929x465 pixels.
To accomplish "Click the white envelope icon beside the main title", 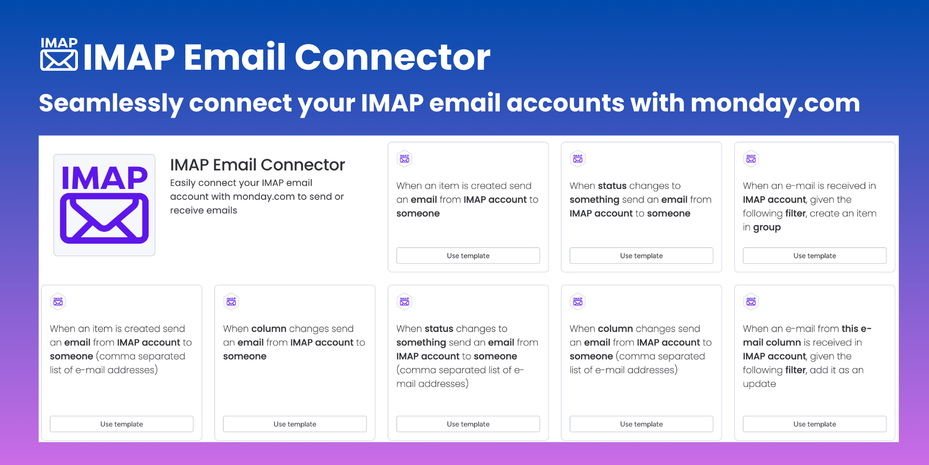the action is coord(59,55).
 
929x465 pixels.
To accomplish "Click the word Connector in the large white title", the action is coord(392,57).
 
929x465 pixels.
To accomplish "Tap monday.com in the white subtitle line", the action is coord(775,103).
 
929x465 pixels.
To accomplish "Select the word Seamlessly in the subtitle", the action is coord(111,104).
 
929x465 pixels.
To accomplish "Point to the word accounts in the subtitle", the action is coord(565,103).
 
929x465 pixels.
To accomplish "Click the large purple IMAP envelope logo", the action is coord(104,204).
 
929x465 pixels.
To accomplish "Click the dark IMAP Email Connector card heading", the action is coord(257,165).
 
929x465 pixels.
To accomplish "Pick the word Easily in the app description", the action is coord(182,183).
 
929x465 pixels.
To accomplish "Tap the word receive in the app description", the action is coord(186,211).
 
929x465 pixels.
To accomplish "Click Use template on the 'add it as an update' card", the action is coord(814,424).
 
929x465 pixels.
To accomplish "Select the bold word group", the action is coord(767,228).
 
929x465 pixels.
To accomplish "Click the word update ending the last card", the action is coord(759,384).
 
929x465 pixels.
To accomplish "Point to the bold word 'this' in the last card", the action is coord(850,328).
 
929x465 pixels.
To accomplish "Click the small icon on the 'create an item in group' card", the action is coord(751,158).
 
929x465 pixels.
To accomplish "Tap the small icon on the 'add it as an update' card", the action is coord(751,301).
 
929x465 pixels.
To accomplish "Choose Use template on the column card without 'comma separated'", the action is coord(295,424).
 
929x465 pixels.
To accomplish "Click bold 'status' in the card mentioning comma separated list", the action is coord(438,328).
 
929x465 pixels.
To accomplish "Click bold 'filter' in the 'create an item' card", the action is coord(795,214).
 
